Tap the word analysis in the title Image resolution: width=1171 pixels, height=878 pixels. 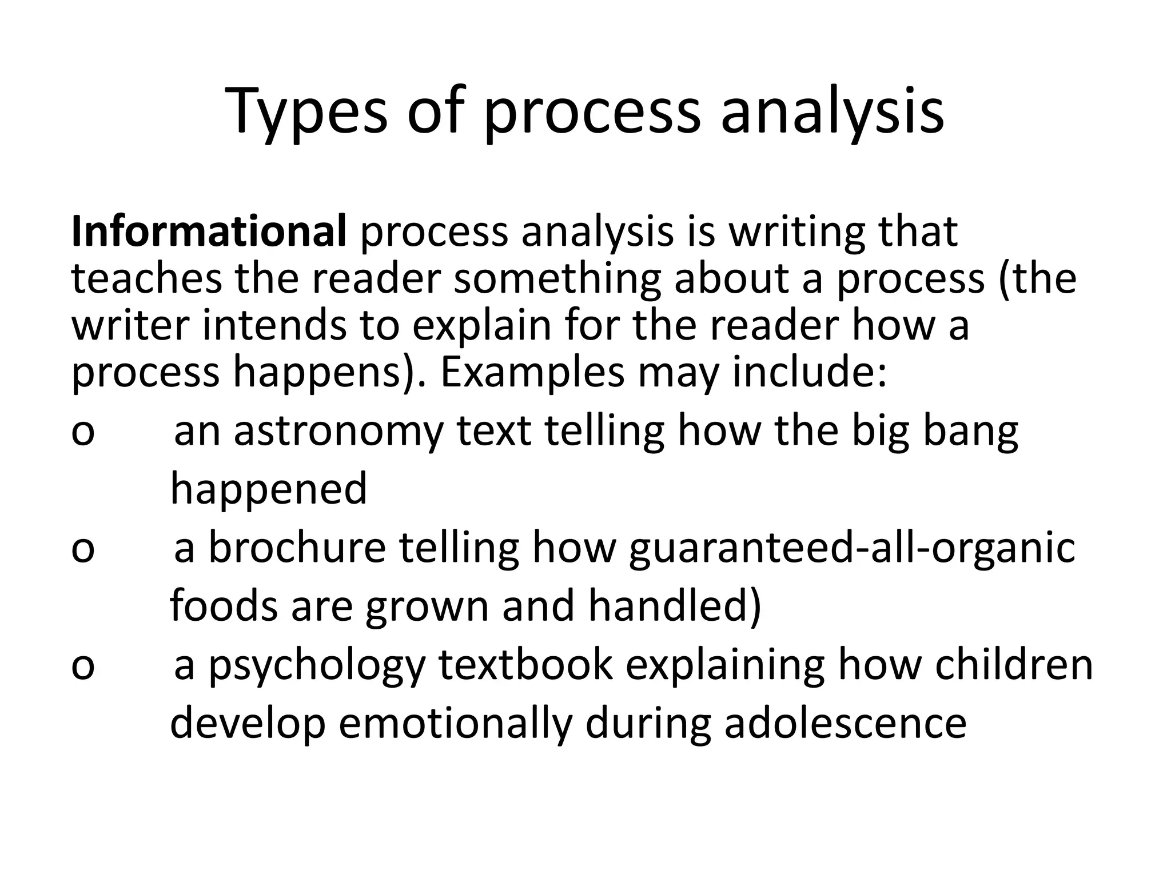pos(831,111)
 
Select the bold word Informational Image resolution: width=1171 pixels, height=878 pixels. pos(209,232)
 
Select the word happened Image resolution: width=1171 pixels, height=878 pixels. pos(268,490)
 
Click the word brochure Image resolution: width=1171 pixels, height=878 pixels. pos(297,548)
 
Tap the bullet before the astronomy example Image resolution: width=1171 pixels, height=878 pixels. pos(83,433)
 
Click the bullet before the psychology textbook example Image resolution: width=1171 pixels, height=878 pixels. pos(83,667)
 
